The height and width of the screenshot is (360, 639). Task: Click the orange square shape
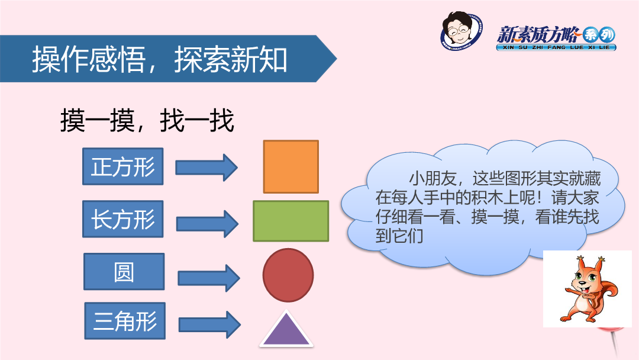coord(291,166)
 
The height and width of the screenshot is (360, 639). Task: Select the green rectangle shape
coord(291,221)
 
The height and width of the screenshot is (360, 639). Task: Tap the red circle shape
coord(288,275)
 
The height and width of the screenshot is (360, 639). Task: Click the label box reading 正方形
coord(122,166)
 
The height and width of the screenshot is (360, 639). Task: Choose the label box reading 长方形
coord(122,219)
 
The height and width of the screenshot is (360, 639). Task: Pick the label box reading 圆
coord(124,272)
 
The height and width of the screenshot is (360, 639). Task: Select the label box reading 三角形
coord(125,321)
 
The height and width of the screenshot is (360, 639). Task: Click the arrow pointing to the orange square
coord(206,167)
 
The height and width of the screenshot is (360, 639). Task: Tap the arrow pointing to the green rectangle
coord(208,224)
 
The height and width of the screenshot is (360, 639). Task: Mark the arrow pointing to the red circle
coord(209,278)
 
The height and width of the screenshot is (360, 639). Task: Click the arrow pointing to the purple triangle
coord(210,324)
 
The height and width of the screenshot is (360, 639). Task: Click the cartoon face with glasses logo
coord(461,30)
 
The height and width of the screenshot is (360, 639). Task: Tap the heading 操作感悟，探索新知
coord(160,60)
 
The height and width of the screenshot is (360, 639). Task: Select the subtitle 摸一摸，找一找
coord(147,120)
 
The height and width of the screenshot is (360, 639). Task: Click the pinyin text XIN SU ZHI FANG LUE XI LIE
coord(556,47)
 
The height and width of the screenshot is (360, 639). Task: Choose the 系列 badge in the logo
coord(598,35)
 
